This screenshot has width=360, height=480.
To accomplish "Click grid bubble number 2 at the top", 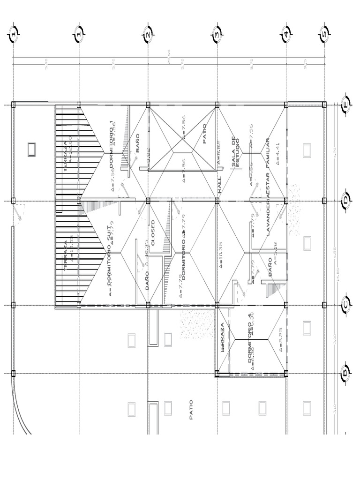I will click(148, 34).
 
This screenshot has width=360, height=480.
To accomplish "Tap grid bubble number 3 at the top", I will click(217, 34).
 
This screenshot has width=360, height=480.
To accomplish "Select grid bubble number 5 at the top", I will click(324, 34).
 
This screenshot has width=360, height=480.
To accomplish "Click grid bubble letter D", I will click(345, 201).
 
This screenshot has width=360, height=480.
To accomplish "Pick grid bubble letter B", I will click(345, 373).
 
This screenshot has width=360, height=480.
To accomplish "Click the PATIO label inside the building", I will click(204, 133).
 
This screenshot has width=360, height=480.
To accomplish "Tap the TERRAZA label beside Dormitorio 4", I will click(222, 337).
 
